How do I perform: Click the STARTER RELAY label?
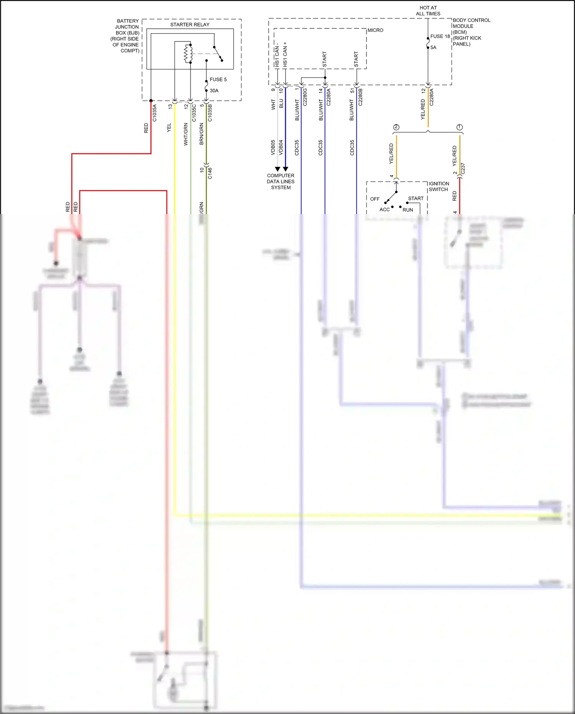pos(190,25)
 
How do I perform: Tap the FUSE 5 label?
pos(218,79)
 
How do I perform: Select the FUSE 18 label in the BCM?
pos(440,36)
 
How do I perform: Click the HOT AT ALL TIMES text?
pos(428,11)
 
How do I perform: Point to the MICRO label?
pos(375,30)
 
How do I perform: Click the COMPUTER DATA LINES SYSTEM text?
pos(281,181)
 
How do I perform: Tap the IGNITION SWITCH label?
pos(439,186)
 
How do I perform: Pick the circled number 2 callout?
pos(396,127)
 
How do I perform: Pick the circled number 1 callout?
pos(460,127)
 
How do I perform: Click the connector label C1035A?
pos(155,113)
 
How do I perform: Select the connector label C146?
pos(210,173)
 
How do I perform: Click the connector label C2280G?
pos(305,97)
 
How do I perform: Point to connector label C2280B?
pos(360,97)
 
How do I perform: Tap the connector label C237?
pos(463,169)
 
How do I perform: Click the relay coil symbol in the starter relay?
pos(188,53)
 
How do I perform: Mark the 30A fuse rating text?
pos(214,91)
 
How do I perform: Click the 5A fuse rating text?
pos(433,48)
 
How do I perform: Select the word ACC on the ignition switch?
pos(384,209)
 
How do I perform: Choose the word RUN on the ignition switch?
pos(408,210)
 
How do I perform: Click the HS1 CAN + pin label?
pos(285,54)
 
